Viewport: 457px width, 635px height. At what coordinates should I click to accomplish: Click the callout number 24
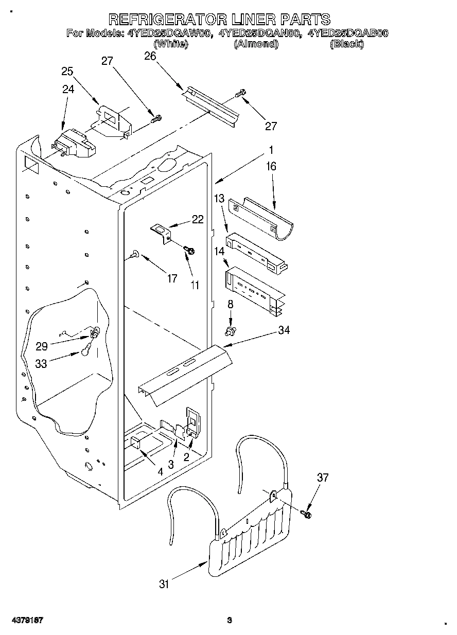(x=68, y=89)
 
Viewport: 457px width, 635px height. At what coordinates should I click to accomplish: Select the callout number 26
(x=150, y=56)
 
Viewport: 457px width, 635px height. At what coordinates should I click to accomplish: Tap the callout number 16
(x=271, y=166)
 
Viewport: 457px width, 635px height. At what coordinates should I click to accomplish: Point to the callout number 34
(x=284, y=330)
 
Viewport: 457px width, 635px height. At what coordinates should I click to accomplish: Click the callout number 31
(x=164, y=584)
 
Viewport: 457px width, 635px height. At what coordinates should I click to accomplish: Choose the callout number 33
(x=41, y=363)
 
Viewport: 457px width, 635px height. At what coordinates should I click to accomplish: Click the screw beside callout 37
(x=307, y=513)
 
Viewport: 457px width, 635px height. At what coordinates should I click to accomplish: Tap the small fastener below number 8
(x=231, y=328)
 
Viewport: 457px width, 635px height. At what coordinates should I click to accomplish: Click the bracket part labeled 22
(x=162, y=231)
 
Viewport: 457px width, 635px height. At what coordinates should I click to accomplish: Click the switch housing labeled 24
(x=76, y=144)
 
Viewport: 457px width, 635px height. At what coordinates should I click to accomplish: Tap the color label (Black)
(x=346, y=44)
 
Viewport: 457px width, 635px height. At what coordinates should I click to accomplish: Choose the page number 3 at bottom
(x=230, y=620)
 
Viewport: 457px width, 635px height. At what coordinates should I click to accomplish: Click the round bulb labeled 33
(x=85, y=351)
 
